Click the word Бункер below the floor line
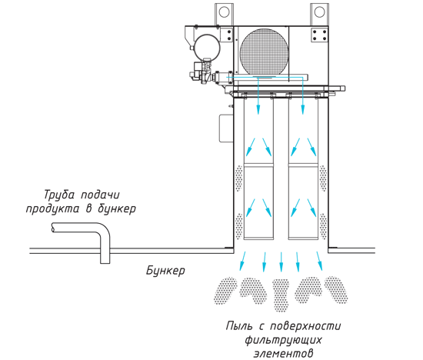(x=165, y=270)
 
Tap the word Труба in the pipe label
(x=59, y=195)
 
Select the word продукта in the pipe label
(x=53, y=208)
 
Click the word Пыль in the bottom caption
(x=239, y=325)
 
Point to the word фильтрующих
(x=283, y=339)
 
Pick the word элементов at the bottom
(x=284, y=353)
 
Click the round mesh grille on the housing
(x=265, y=52)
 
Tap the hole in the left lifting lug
(x=224, y=12)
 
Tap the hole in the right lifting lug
(x=320, y=12)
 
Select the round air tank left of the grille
(x=207, y=48)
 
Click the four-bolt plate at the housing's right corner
(x=320, y=35)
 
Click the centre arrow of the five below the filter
(x=281, y=262)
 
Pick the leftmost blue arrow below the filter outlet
(x=242, y=262)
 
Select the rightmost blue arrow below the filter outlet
(x=320, y=262)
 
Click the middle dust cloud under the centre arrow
(x=281, y=295)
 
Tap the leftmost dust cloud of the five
(x=225, y=290)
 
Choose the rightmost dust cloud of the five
(x=336, y=289)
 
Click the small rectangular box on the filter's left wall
(x=226, y=128)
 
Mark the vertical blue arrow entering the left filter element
(x=258, y=95)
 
